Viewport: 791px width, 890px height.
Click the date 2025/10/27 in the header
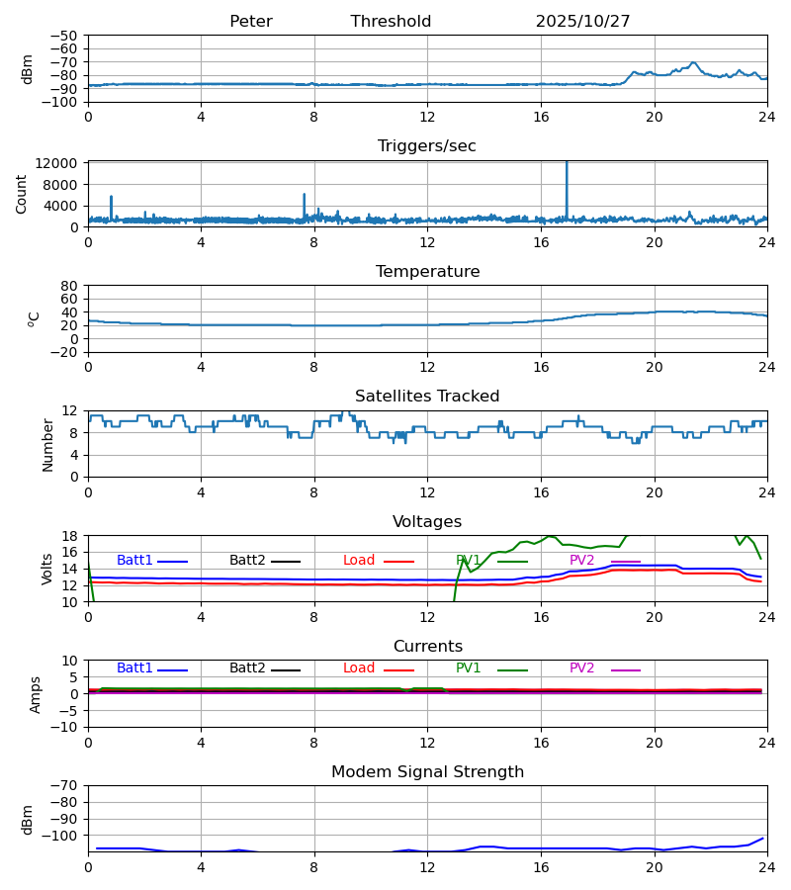(x=582, y=22)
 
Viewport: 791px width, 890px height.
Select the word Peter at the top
(x=250, y=22)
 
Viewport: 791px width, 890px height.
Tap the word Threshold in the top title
(x=391, y=22)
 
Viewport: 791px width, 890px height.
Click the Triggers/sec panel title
(x=426, y=146)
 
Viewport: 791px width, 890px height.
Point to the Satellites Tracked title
(x=427, y=397)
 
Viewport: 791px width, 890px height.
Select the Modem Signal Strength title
(x=427, y=772)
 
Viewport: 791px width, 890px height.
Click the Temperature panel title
(x=427, y=272)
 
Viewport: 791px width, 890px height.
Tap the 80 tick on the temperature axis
(x=70, y=286)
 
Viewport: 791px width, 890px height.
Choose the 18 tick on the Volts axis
(x=70, y=536)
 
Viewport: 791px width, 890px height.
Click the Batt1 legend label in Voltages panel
(x=134, y=561)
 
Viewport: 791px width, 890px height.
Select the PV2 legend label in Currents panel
(x=582, y=668)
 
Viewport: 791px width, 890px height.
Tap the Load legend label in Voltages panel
(x=359, y=561)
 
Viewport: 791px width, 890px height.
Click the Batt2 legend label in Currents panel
(x=247, y=668)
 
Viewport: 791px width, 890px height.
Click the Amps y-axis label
(x=37, y=694)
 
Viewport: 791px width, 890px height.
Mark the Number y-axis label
(x=48, y=444)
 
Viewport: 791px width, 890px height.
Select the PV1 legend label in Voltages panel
(x=469, y=561)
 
